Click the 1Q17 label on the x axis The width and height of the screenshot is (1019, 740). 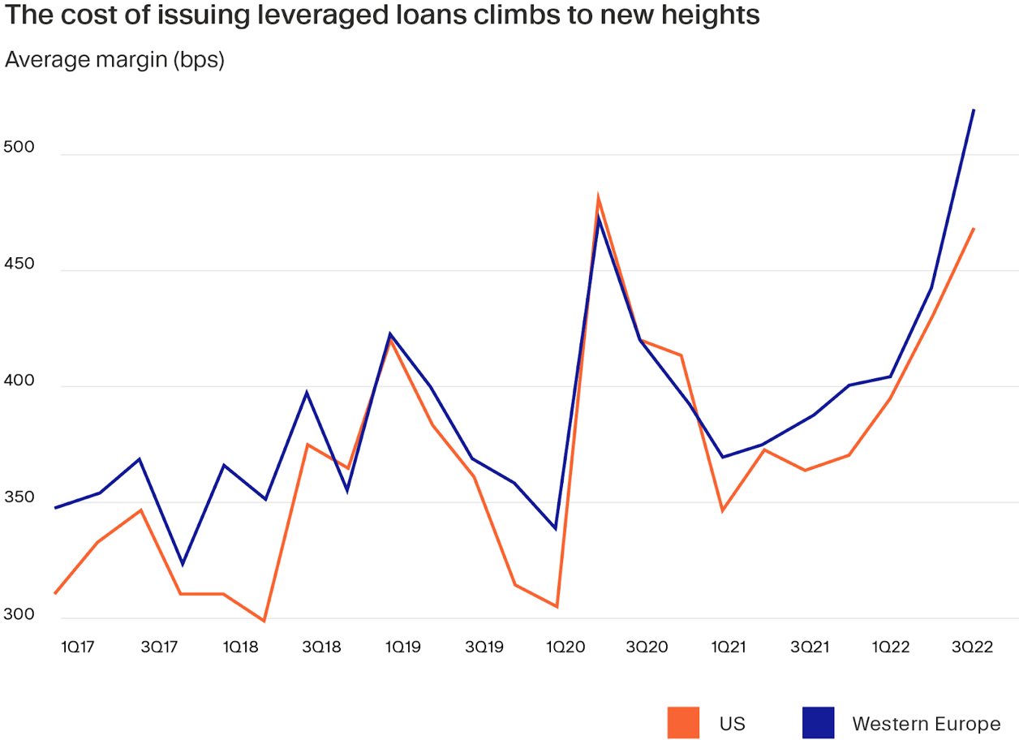pos(79,647)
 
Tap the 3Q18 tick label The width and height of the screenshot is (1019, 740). pos(321,647)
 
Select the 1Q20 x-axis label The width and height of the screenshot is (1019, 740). pos(565,647)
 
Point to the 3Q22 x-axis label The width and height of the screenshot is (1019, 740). pos(971,647)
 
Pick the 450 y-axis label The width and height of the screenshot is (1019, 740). pos(19,265)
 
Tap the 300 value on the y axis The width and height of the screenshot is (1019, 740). pos(19,613)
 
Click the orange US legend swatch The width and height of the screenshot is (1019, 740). pos(683,722)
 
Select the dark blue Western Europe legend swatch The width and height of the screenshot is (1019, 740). pos(818,722)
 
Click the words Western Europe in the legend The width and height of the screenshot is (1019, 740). pos(926,723)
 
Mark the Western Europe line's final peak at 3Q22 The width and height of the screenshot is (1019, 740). pos(973,110)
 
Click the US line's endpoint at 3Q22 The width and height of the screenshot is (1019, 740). pos(973,229)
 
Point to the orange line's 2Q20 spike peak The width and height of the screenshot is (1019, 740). pos(598,197)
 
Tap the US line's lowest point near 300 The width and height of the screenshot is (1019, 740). pos(264,621)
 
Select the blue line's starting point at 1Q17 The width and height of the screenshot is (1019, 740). pos(55,508)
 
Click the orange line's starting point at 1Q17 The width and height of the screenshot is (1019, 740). pos(55,593)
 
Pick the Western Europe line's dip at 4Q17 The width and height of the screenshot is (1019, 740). pos(182,564)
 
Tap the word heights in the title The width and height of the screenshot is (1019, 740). pos(712,16)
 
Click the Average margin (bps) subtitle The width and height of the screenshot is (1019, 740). pos(114,59)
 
